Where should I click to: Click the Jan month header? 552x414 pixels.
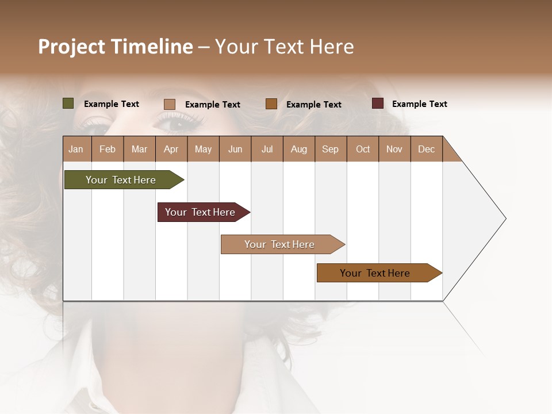[x=76, y=149]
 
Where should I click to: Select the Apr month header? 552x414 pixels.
[x=171, y=149]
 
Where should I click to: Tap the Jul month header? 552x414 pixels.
[x=267, y=149]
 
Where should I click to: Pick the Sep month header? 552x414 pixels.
[x=330, y=149]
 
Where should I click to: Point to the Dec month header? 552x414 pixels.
[x=426, y=149]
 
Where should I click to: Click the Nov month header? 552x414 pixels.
[x=394, y=149]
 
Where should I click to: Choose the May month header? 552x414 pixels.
[x=203, y=149]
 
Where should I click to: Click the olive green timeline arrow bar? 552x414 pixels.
[x=121, y=180]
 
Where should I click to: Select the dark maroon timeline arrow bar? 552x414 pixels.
[x=200, y=212]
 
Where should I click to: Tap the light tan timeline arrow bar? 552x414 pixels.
[x=279, y=244]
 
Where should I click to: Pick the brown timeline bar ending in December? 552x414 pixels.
[x=375, y=273]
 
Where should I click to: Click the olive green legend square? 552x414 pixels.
[x=68, y=103]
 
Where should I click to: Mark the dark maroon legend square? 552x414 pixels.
[x=378, y=103]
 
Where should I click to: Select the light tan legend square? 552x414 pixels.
[x=170, y=104]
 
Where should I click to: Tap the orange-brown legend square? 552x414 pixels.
[x=271, y=104]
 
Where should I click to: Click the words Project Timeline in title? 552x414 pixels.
[x=115, y=47]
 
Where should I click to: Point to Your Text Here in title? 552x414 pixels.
[x=284, y=47]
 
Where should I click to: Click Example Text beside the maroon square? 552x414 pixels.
[x=419, y=104]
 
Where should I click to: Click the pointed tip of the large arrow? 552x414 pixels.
[x=504, y=218]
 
